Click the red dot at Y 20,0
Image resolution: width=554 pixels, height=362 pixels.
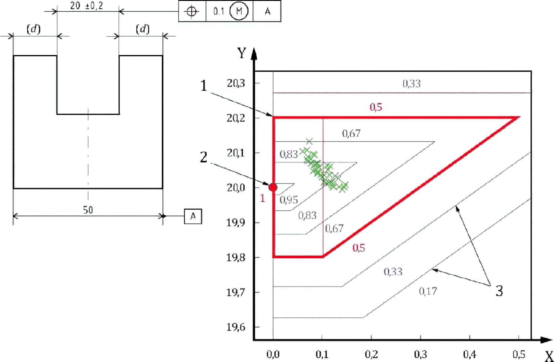(x=273, y=187)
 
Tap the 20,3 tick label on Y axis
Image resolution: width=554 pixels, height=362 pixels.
(x=236, y=84)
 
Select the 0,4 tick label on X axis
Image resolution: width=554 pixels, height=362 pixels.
(x=469, y=355)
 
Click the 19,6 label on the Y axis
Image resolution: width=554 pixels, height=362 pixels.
(x=236, y=327)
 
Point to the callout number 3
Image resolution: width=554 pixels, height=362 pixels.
(x=499, y=291)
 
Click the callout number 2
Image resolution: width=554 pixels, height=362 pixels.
(x=204, y=157)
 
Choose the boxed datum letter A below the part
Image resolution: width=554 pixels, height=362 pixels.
(x=193, y=216)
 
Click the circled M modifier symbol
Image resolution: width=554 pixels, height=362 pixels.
(x=239, y=11)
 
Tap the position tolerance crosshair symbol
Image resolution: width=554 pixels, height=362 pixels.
(x=191, y=11)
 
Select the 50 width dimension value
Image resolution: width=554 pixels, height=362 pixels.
(x=88, y=210)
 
